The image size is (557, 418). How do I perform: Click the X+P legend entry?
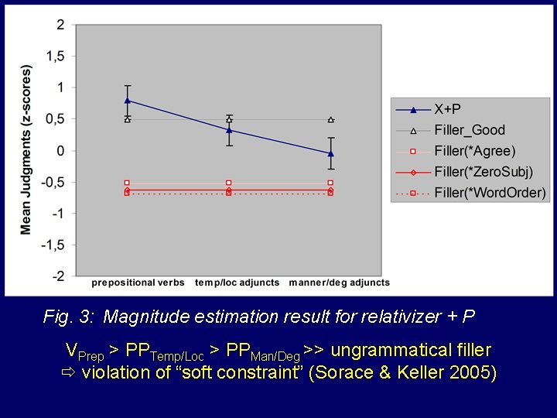click(x=448, y=109)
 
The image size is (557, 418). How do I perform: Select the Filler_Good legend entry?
click(x=469, y=130)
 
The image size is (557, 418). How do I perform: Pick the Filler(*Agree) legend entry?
click(x=474, y=151)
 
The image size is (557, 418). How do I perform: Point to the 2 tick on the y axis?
click(x=60, y=25)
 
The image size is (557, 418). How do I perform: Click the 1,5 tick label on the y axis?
click(x=55, y=57)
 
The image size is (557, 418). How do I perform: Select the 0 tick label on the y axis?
click(x=60, y=150)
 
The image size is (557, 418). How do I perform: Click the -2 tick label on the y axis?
click(x=58, y=276)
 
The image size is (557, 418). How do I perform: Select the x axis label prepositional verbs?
click(x=138, y=283)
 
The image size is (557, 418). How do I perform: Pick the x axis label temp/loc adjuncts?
click(x=237, y=283)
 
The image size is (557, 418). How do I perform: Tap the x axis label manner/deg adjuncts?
click(x=339, y=283)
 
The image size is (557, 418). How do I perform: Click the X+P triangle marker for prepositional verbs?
click(x=128, y=100)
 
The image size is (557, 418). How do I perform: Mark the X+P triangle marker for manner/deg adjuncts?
click(x=331, y=153)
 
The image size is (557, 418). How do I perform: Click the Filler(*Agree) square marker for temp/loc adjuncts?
click(x=229, y=183)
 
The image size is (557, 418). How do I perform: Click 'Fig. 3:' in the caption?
click(x=70, y=317)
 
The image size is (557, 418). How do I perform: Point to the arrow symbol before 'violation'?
click(x=67, y=372)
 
